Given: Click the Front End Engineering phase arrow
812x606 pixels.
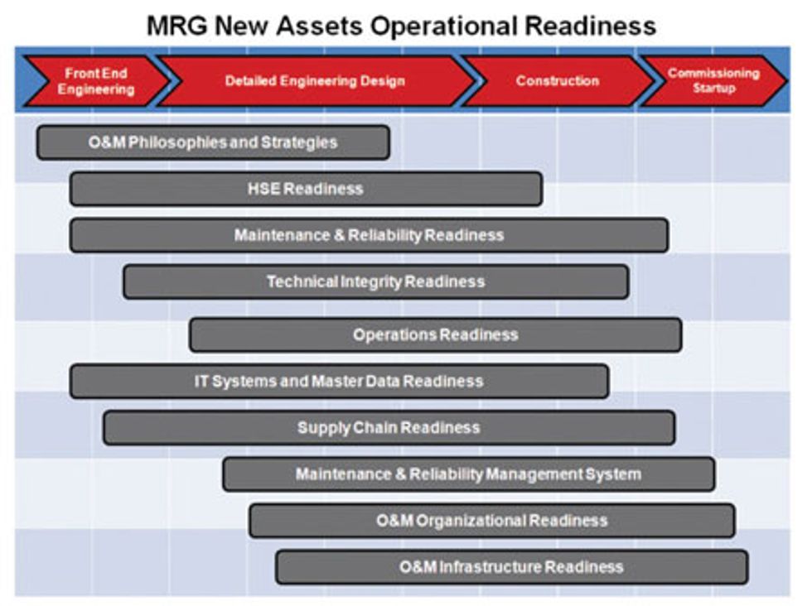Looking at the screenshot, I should (95, 81).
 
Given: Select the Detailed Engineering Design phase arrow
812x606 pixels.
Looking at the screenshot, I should (315, 81).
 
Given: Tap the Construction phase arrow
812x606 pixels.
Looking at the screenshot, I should (557, 81).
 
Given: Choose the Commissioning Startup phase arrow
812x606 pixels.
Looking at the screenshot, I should (713, 81).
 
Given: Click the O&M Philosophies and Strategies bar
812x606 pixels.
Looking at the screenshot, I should (213, 142).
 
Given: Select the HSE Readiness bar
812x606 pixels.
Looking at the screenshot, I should (306, 189).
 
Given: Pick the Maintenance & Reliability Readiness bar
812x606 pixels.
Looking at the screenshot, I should (369, 235).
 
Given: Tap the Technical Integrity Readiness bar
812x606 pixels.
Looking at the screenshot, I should (375, 281).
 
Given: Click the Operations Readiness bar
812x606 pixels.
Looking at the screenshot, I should (435, 334).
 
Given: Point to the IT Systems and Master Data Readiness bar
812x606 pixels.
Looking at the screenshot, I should (339, 382).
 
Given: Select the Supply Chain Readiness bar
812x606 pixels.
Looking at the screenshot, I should (389, 428).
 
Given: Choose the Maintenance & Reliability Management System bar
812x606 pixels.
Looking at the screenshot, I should (468, 474).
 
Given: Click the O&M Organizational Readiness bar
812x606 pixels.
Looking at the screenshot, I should (491, 521).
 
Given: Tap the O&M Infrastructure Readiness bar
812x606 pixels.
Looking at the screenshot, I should (511, 567).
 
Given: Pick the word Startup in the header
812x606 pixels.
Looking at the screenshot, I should (713, 89).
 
